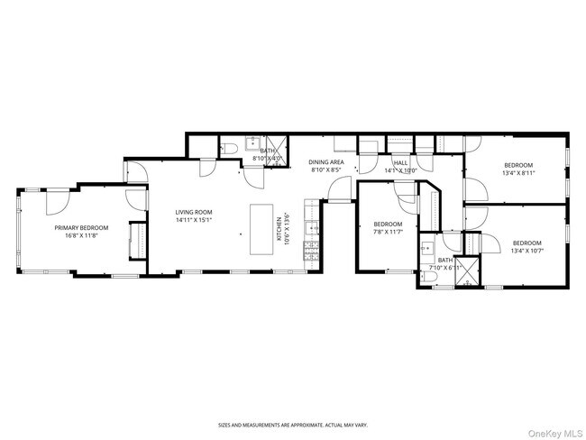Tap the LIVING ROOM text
coord(192,212)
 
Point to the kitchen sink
coord(311,228)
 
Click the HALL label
coord(400,162)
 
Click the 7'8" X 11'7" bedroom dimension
coord(388,232)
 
